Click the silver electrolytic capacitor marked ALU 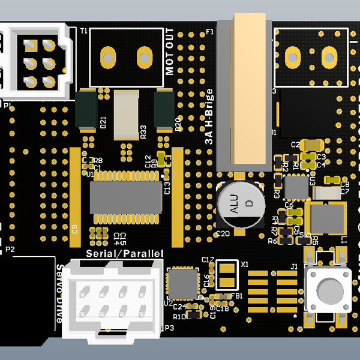point(240,205)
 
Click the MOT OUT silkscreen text point(170,52)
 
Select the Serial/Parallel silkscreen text point(125,254)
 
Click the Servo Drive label point(59,294)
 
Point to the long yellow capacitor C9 point(76,196)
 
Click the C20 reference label point(223,233)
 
